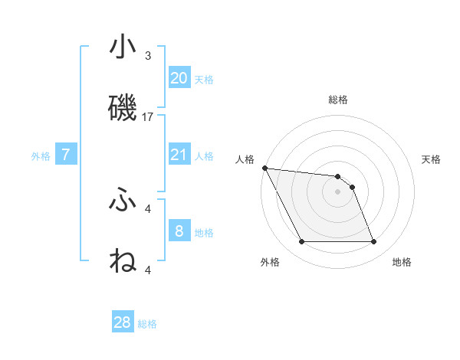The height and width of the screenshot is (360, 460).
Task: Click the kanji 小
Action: [x=123, y=47]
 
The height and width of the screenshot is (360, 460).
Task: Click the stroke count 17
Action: [x=149, y=117]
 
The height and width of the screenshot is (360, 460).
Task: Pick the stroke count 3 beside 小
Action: [x=148, y=56]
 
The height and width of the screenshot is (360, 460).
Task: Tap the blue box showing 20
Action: [x=179, y=77]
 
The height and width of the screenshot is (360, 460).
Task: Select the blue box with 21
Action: [x=179, y=155]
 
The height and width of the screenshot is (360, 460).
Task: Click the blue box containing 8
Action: [x=179, y=231]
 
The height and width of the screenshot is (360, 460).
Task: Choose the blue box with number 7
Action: [x=66, y=155]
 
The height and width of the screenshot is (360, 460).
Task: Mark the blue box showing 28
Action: [x=123, y=322]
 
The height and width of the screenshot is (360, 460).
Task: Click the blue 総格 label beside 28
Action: [x=147, y=324]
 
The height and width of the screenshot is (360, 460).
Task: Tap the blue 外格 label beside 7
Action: [x=41, y=156]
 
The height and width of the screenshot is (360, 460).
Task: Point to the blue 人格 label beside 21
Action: [x=204, y=156]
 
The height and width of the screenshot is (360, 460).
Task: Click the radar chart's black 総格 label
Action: [x=337, y=100]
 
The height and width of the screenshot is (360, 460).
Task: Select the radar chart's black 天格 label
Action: [x=432, y=159]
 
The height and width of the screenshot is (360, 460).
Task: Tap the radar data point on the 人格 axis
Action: [x=264, y=168]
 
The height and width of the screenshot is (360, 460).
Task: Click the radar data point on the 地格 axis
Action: [x=373, y=242]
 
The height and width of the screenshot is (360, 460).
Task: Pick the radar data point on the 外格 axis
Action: [x=301, y=242]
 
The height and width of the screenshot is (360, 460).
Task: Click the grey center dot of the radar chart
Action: [x=337, y=191]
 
